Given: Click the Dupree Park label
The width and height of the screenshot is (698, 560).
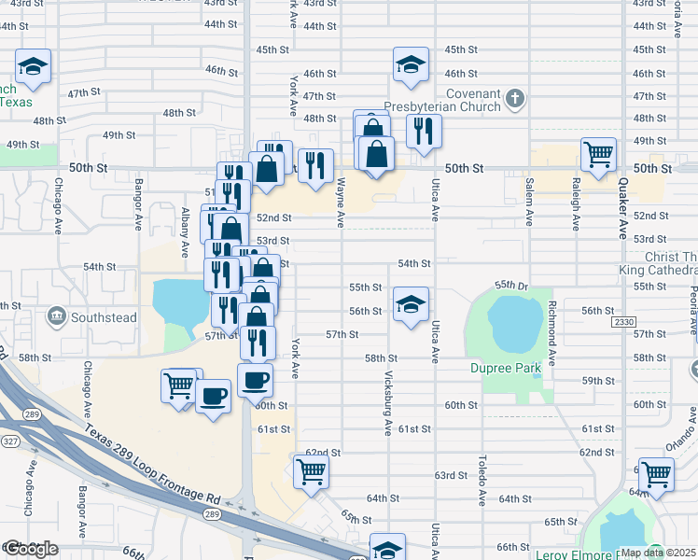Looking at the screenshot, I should click(506, 369).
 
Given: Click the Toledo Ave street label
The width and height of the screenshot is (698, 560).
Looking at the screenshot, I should click(482, 480).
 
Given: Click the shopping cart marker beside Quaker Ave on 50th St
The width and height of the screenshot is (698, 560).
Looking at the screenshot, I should click(597, 153).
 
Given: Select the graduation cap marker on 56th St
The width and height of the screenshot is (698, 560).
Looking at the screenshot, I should click(410, 304).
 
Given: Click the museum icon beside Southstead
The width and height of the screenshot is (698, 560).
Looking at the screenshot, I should click(56, 317).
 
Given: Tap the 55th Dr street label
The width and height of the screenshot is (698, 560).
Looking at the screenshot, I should click(511, 284).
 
